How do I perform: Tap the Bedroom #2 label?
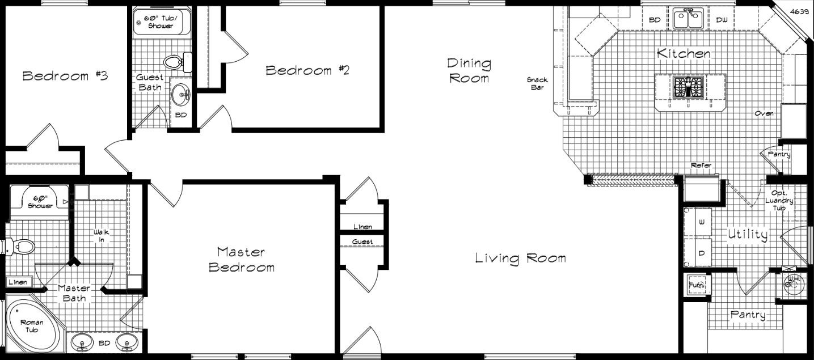tap(307, 70)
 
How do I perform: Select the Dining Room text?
tap(469, 70)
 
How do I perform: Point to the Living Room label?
tap(520, 259)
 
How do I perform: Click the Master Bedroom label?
tap(242, 259)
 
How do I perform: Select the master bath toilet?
tap(23, 246)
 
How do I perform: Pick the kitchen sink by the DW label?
tap(688, 19)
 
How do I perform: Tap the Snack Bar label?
tap(537, 83)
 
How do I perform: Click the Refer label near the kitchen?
tap(701, 166)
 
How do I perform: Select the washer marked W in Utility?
tap(701, 223)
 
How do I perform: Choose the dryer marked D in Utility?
tap(701, 253)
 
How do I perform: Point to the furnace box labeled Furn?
tap(697, 283)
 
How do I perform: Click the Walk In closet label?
tap(102, 236)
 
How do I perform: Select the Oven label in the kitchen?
tap(764, 113)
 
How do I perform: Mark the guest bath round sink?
tap(182, 94)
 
